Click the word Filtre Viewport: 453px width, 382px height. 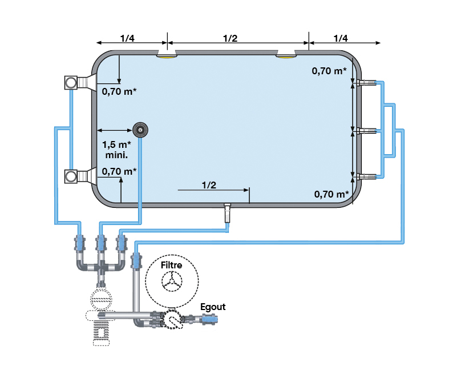(x=171, y=265)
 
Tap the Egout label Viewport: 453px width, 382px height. (x=213, y=307)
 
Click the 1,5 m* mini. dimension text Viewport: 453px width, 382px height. (x=117, y=150)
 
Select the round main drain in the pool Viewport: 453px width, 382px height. (x=140, y=130)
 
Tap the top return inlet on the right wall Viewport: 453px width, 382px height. (x=366, y=83)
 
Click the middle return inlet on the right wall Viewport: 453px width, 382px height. (x=366, y=131)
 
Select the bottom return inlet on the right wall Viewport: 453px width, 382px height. (x=366, y=176)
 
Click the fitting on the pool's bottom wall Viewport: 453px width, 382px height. (x=228, y=212)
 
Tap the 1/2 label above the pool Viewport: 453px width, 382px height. (x=230, y=38)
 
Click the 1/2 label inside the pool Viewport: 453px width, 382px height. (x=209, y=185)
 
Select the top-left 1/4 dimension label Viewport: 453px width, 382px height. (x=127, y=38)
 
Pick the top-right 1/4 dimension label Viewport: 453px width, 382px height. (x=341, y=38)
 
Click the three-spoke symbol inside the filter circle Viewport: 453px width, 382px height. (x=172, y=281)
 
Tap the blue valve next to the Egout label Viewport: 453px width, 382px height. (x=209, y=320)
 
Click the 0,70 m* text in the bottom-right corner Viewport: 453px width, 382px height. (x=331, y=194)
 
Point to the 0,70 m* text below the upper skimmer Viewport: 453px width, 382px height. (x=119, y=92)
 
